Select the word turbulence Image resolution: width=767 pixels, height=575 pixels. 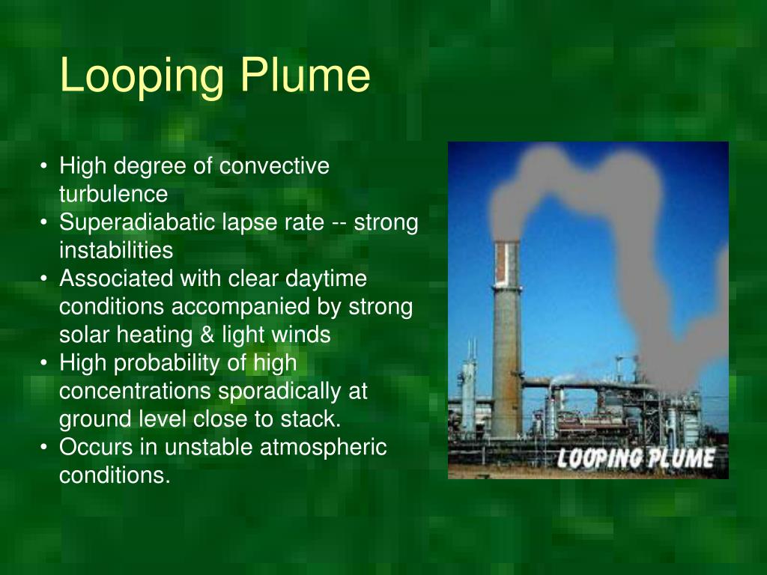point(114,194)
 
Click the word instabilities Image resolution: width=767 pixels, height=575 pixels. point(116,250)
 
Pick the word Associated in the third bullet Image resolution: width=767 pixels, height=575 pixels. point(115,279)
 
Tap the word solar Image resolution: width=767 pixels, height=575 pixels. point(84,335)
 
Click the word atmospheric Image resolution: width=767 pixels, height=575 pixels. point(324,448)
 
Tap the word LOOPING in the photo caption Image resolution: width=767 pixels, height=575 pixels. point(597,457)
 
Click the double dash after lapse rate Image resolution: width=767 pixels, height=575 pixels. point(341,222)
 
